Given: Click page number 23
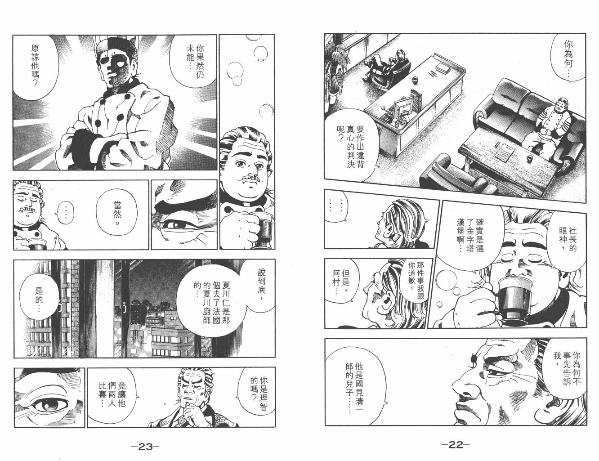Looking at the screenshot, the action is click(x=145, y=446).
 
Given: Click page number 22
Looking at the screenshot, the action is click(x=455, y=445).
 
